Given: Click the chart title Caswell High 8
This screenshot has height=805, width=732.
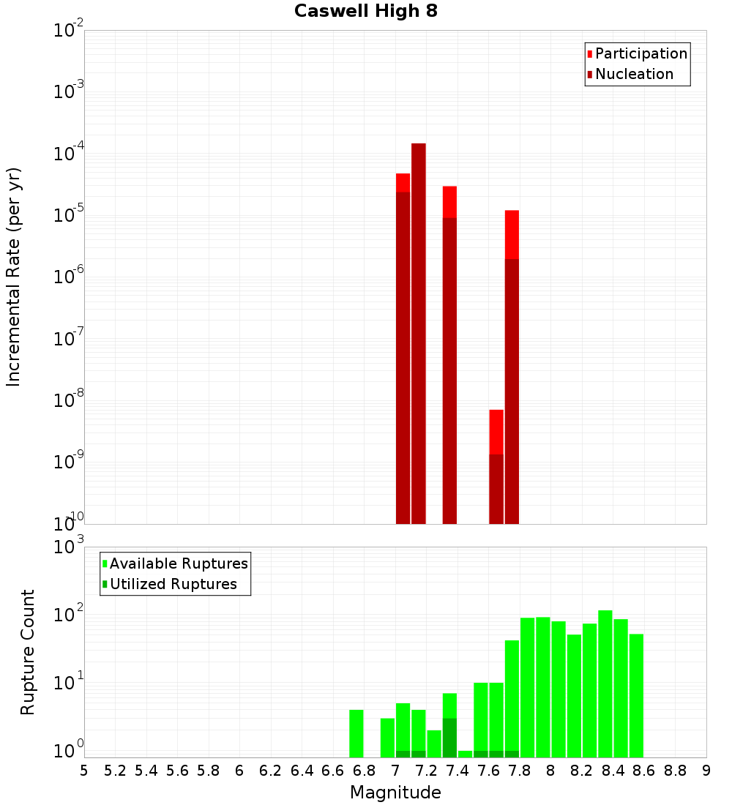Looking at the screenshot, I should click(365, 12).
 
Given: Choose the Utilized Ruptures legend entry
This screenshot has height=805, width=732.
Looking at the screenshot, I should click(173, 584).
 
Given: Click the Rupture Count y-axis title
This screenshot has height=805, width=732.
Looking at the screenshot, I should click(28, 652).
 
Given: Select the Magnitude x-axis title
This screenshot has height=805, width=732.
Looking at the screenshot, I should click(395, 793).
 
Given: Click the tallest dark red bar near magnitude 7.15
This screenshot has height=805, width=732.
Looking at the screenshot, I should click(419, 329).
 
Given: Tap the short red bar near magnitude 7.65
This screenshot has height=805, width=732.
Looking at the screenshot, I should click(496, 432).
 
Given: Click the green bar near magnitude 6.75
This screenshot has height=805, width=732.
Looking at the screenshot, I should click(356, 733).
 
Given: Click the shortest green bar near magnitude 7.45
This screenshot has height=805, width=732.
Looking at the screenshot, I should click(465, 754).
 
